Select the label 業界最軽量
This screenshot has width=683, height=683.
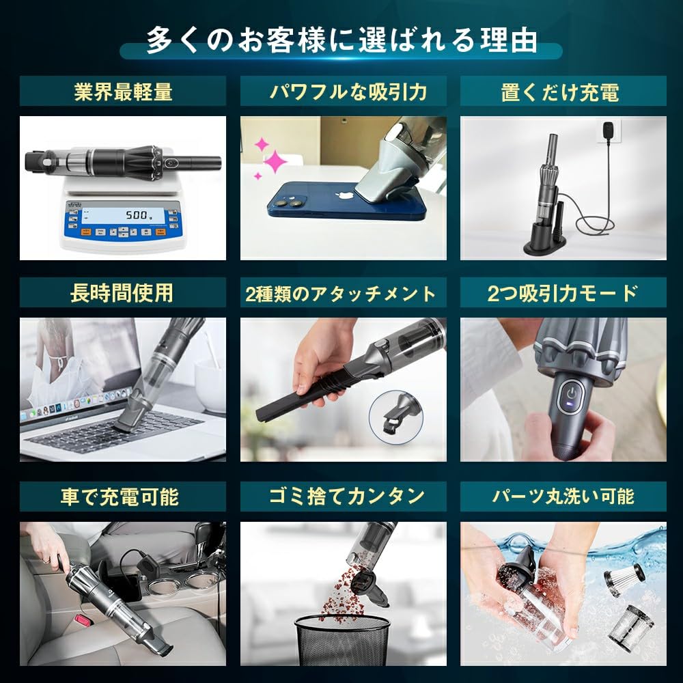(x=123, y=92)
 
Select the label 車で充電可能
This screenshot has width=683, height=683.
(x=122, y=497)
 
